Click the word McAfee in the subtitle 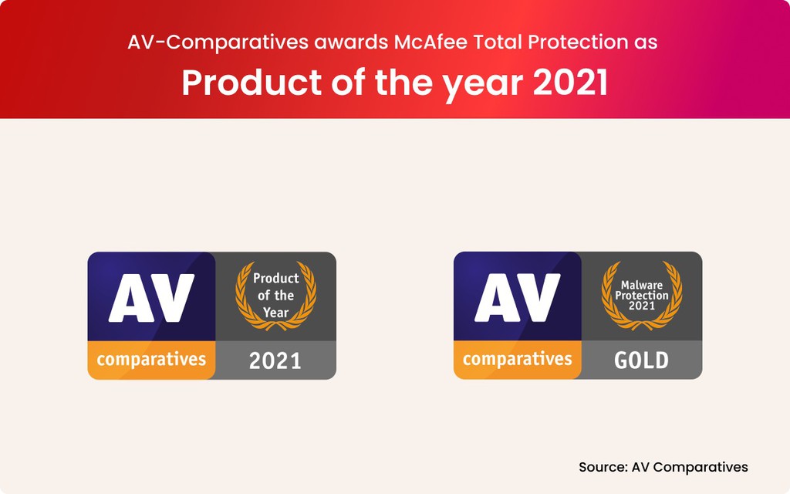point(431,42)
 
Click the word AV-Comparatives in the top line point(218,42)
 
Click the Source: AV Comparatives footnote point(663,467)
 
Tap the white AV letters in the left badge point(151,297)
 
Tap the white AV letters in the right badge point(518,297)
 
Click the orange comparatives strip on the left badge point(151,359)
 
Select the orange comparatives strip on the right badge point(518,359)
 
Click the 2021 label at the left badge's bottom point(275,360)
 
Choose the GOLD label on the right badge point(641,360)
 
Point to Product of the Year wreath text point(275,295)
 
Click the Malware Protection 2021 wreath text point(642,295)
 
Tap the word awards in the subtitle point(352,42)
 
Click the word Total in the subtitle point(499,42)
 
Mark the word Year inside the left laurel point(275,312)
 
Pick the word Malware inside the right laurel point(642,285)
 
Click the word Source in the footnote point(602,467)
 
